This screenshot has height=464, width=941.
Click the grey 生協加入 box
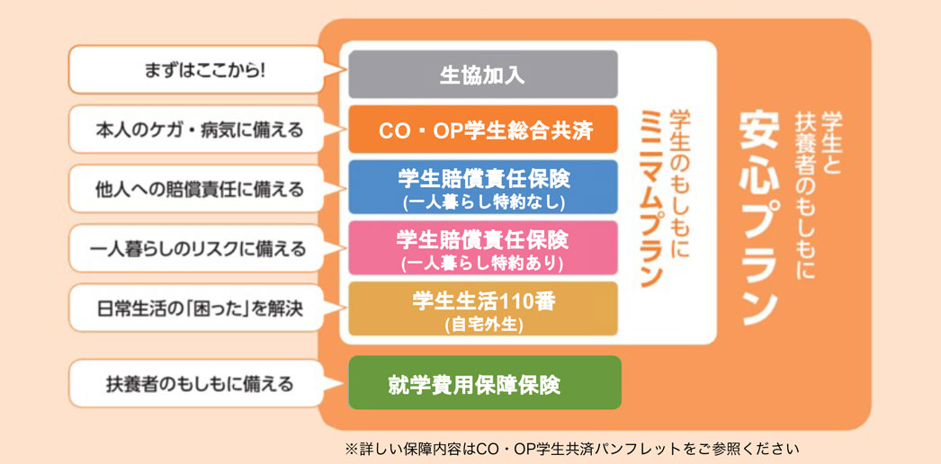(x=483, y=75)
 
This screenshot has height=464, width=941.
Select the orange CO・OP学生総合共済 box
(x=483, y=129)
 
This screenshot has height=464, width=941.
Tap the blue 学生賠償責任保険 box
(x=483, y=187)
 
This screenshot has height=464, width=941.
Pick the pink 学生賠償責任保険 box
(x=483, y=247)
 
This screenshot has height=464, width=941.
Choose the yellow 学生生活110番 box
(x=483, y=308)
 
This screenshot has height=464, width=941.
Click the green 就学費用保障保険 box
(x=485, y=382)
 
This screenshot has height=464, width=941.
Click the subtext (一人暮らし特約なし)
(x=484, y=202)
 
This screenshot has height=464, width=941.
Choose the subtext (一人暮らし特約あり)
(x=484, y=263)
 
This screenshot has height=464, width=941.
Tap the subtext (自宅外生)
(x=484, y=325)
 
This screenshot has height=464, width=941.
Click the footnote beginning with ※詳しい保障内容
(x=572, y=449)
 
